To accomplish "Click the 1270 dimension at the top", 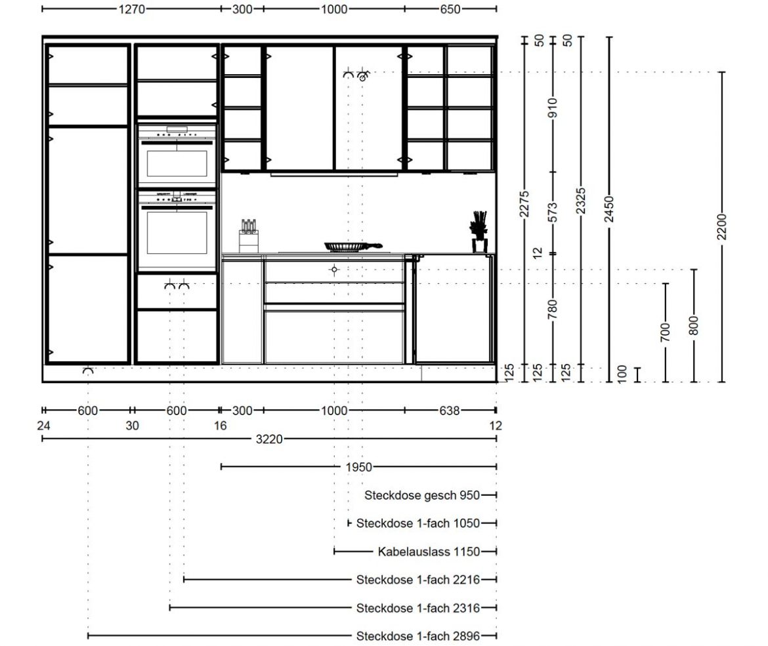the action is coord(131,9).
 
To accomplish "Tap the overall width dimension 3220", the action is coord(269,439).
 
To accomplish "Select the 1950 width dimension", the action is coord(358,468).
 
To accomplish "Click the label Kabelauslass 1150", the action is coord(429,552).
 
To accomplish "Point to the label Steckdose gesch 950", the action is coord(421,495).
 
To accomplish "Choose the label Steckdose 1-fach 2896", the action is coord(417,636).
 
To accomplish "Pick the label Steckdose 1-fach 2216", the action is coord(417,580).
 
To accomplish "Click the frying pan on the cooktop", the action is coord(352,246).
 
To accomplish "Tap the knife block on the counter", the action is coord(249,236).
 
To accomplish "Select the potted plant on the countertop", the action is coord(479,232).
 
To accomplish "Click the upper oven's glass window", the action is coord(177,163).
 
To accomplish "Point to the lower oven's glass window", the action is coord(177,232).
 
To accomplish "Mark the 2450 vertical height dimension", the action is coord(609,209).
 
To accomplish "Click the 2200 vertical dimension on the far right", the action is coord(722,226).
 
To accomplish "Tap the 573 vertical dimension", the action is coord(553,212).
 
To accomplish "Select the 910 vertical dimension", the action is coord(553,108).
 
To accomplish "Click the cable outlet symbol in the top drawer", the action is coord(334,270).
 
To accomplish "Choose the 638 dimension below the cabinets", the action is coord(450,411).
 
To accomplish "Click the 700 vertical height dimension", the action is coord(665,333).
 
